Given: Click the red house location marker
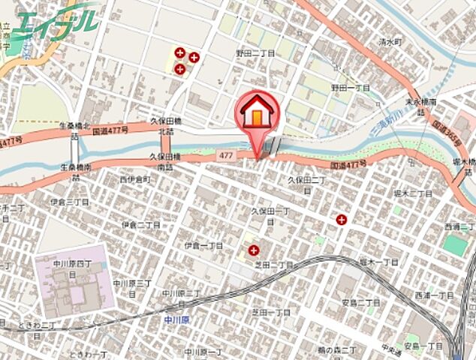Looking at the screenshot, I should pyautogui.click(x=258, y=115).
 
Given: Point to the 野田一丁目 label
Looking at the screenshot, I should pyautogui.click(x=351, y=88).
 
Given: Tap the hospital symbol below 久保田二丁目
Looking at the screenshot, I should pyautogui.click(x=342, y=220).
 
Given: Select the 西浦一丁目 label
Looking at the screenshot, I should pyautogui.click(x=435, y=295).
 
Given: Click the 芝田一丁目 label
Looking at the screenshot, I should pyautogui.click(x=271, y=312).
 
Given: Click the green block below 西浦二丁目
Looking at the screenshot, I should pyautogui.click(x=453, y=244).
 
